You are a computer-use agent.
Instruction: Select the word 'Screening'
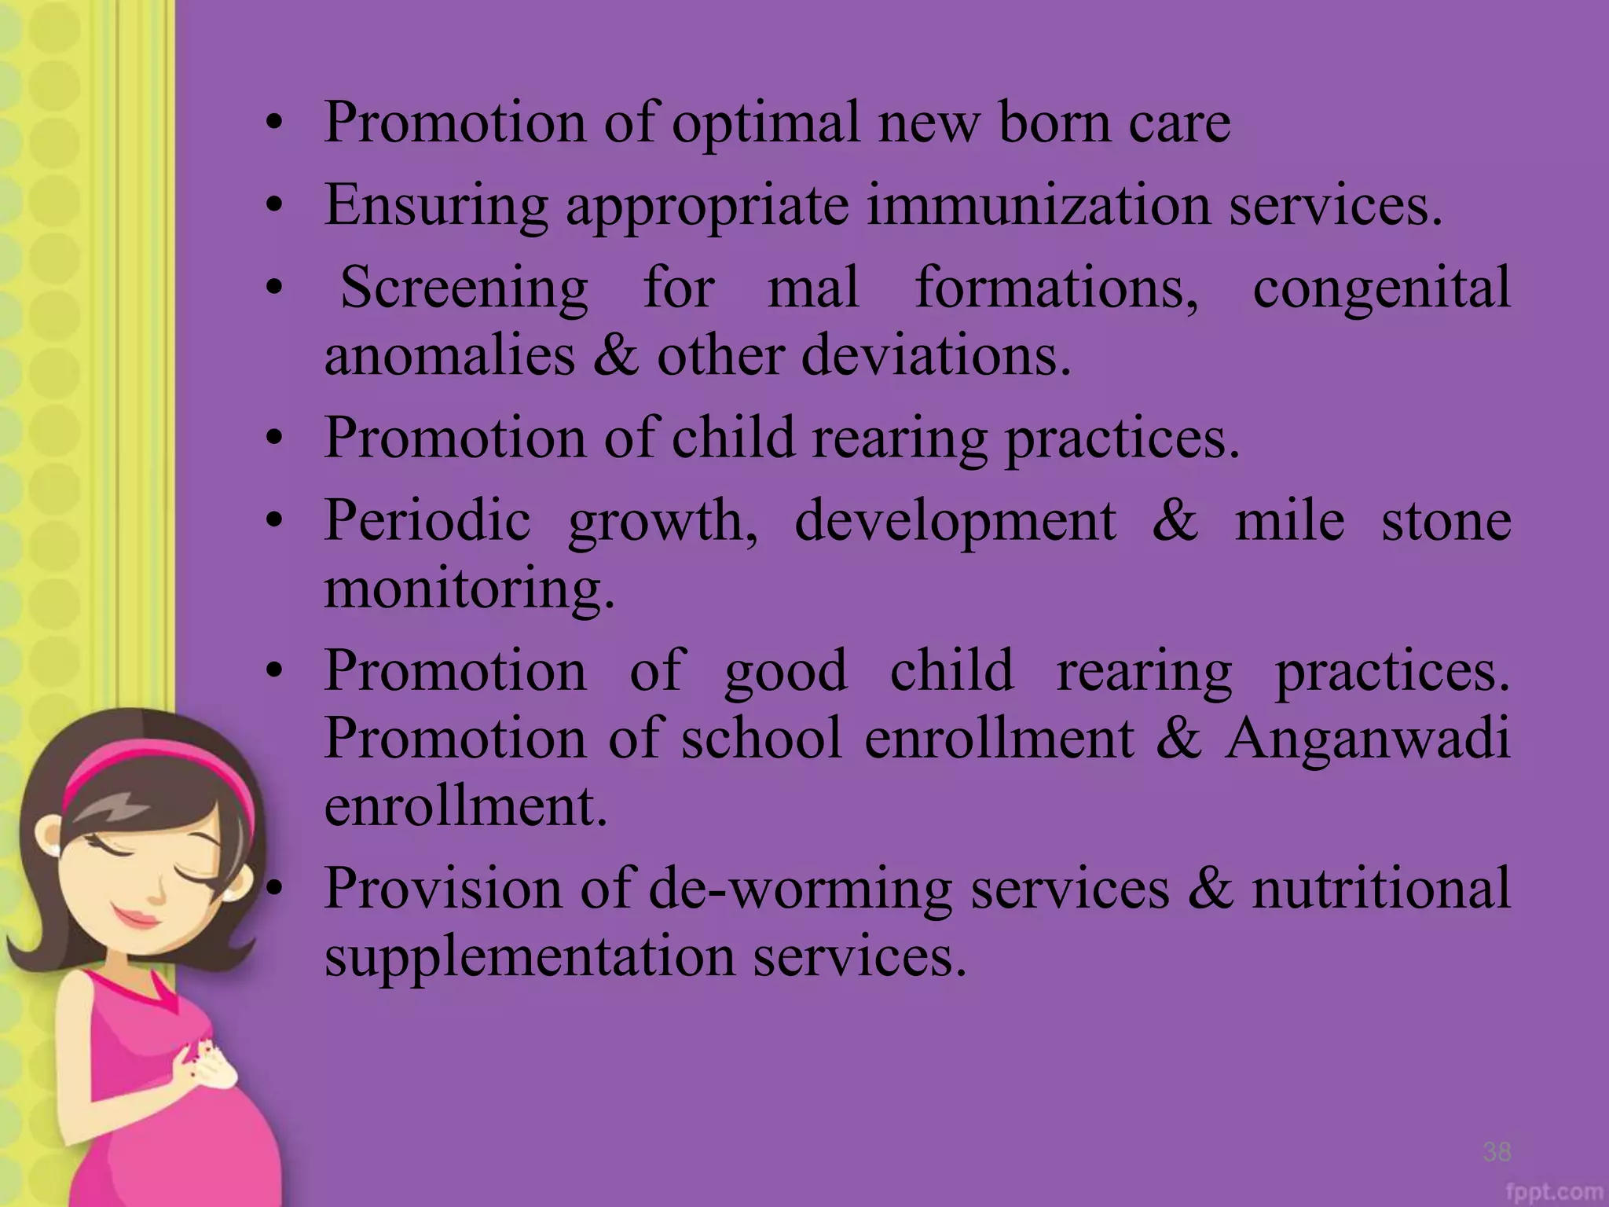pos(464,288)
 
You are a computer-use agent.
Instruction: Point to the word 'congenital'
pos(1381,288)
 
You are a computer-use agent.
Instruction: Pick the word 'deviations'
pos(936,355)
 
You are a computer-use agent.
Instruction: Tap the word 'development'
pos(955,522)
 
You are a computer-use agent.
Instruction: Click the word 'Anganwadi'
pos(1367,739)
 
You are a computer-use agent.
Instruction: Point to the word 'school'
pos(762,739)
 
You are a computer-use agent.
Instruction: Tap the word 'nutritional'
pos(1381,888)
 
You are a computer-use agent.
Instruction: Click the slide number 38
pos(1497,1151)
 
